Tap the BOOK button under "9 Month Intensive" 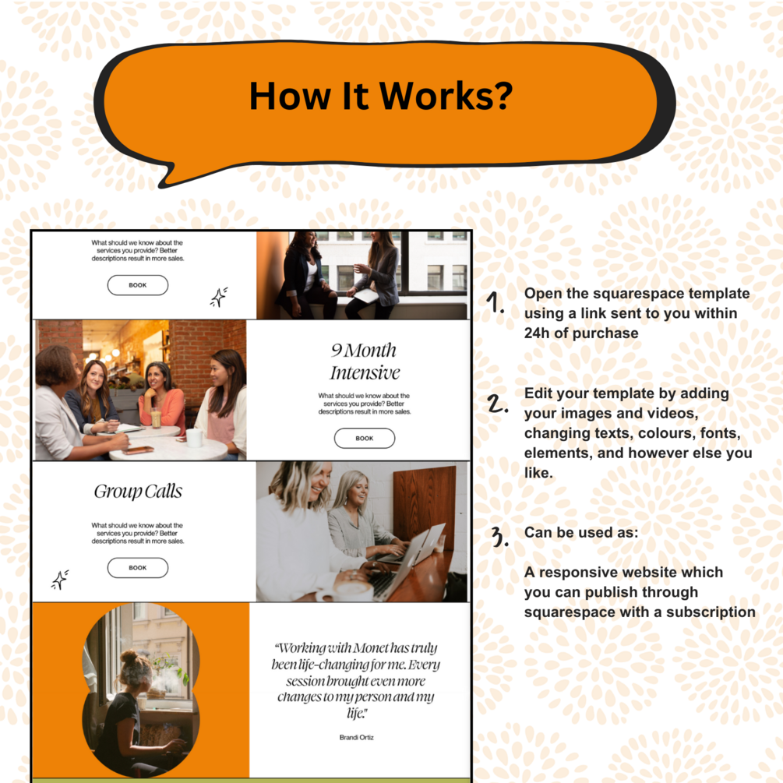tap(365, 438)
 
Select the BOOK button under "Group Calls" tap(138, 568)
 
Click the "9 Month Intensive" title tap(365, 361)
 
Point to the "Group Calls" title tap(138, 492)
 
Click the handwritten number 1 tap(495, 302)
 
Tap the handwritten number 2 tap(497, 404)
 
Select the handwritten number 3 tap(499, 536)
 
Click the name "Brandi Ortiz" tap(357, 737)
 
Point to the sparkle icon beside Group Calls tap(60, 580)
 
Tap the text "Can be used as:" tap(581, 532)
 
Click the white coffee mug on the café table tap(194, 438)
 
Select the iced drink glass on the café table tap(156, 418)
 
